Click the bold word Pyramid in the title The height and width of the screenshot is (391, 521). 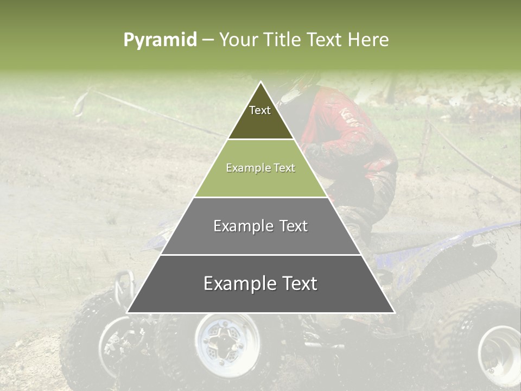tap(160, 40)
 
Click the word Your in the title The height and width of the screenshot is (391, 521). tap(238, 40)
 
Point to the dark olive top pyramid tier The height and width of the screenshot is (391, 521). tap(261, 122)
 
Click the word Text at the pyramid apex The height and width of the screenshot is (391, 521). tap(260, 110)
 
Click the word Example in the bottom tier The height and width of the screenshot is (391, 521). tap(234, 283)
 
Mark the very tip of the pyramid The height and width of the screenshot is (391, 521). tap(261, 83)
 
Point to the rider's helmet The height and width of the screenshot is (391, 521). tap(301, 81)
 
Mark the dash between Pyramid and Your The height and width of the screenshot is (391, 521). tap(208, 40)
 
